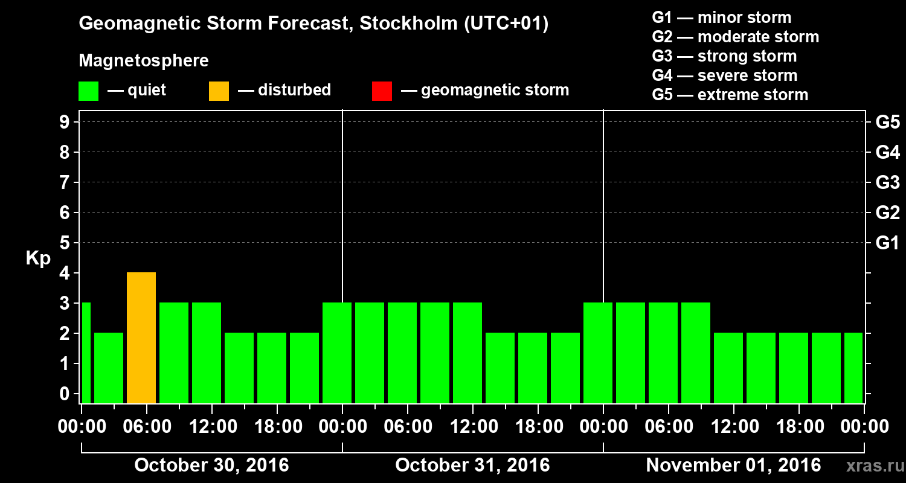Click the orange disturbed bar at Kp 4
pyautogui.click(x=141, y=337)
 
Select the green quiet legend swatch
pyautogui.click(x=88, y=91)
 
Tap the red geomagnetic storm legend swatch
pyautogui.click(x=382, y=91)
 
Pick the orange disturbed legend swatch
pyautogui.click(x=219, y=91)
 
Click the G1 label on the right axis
pyautogui.click(x=887, y=243)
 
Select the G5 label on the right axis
pyautogui.click(x=887, y=123)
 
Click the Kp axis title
pyautogui.click(x=38, y=258)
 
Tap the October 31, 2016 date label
pyautogui.click(x=472, y=465)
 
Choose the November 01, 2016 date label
pyautogui.click(x=733, y=465)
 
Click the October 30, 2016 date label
pyautogui.click(x=211, y=465)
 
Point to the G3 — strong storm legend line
pyautogui.click(x=724, y=56)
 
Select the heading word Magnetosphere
pyautogui.click(x=144, y=61)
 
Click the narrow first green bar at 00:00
pyautogui.click(x=86, y=353)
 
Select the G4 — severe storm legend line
pyautogui.click(x=724, y=75)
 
